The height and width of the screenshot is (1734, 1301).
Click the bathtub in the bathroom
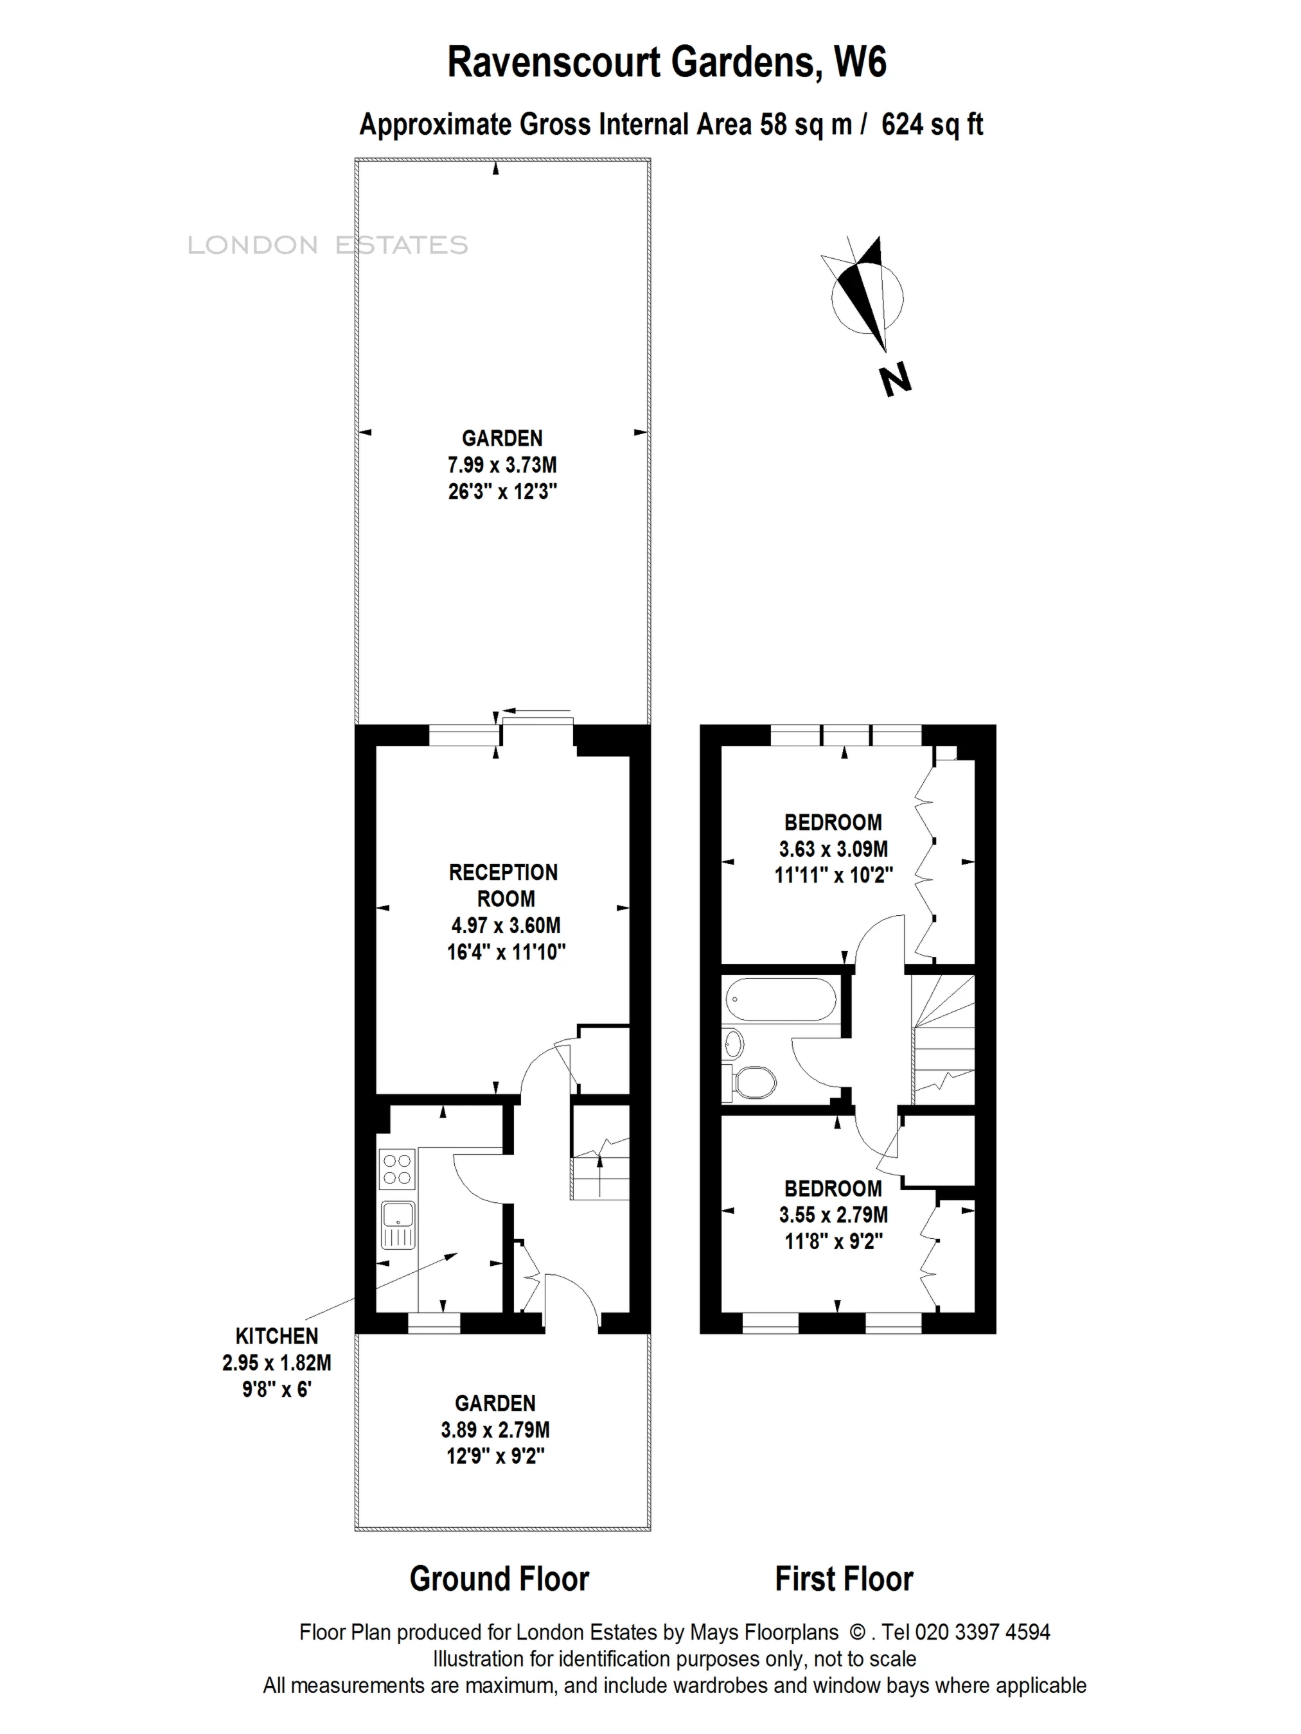click(x=781, y=999)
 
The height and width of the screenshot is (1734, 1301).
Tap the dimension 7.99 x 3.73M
click(x=502, y=465)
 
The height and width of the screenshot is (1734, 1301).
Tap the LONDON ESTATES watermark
click(x=328, y=245)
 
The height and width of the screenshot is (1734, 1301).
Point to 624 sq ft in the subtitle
click(x=932, y=125)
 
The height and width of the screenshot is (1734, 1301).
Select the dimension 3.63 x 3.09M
click(x=833, y=848)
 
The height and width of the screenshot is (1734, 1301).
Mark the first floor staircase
click(x=943, y=1038)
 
